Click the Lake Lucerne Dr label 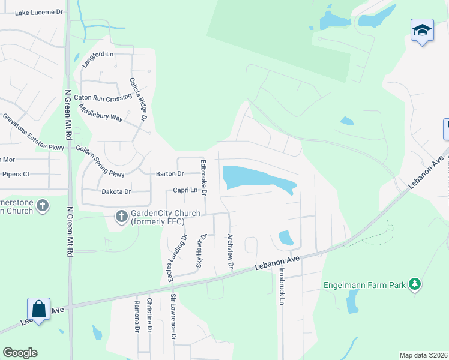point(38,12)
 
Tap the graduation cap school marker point(422,31)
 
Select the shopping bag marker point(39,310)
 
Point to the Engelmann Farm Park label point(364,285)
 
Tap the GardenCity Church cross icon point(121,215)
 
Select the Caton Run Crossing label point(106,97)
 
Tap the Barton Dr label point(170,174)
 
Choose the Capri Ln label point(185,190)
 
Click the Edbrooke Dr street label point(204,178)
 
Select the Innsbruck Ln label point(280,286)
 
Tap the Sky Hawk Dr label point(202,251)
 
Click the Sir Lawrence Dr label point(173,317)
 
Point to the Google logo point(20,353)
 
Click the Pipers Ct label point(16,174)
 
